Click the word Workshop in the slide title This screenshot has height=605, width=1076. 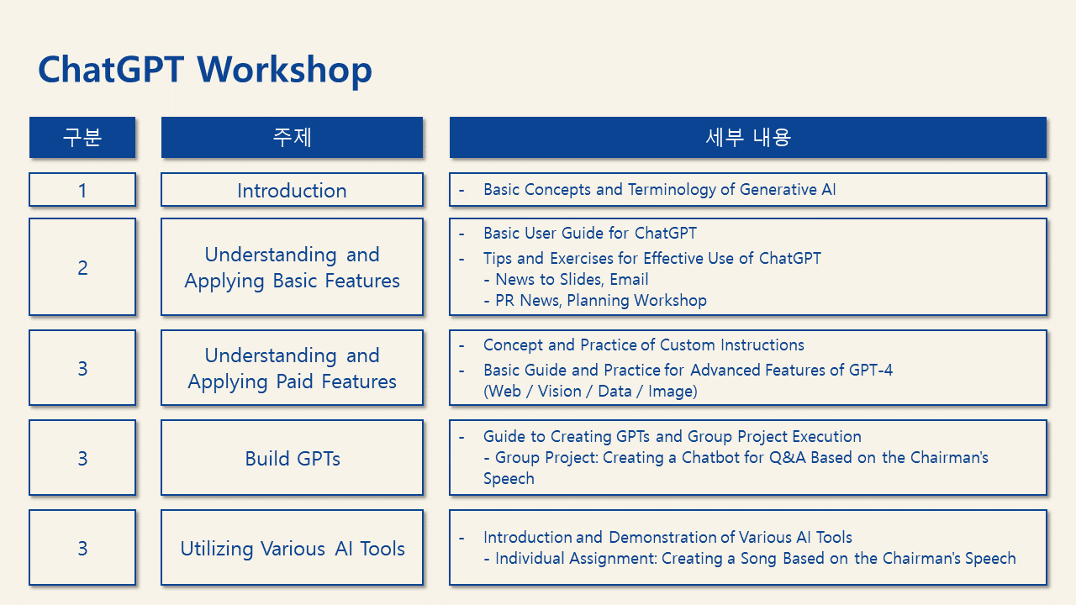point(284,70)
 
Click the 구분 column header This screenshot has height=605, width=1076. point(82,137)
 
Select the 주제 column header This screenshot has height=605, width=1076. point(292,137)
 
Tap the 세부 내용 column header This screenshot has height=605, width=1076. point(748,137)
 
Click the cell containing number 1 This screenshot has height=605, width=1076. point(82,190)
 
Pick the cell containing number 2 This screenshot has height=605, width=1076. point(82,267)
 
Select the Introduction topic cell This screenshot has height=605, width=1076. point(292,190)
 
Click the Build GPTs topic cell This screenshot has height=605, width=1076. point(292,458)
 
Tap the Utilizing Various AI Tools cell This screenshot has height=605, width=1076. point(292,547)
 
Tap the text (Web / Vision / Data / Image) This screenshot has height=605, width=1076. point(590,392)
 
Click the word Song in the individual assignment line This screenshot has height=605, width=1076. point(759,559)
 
